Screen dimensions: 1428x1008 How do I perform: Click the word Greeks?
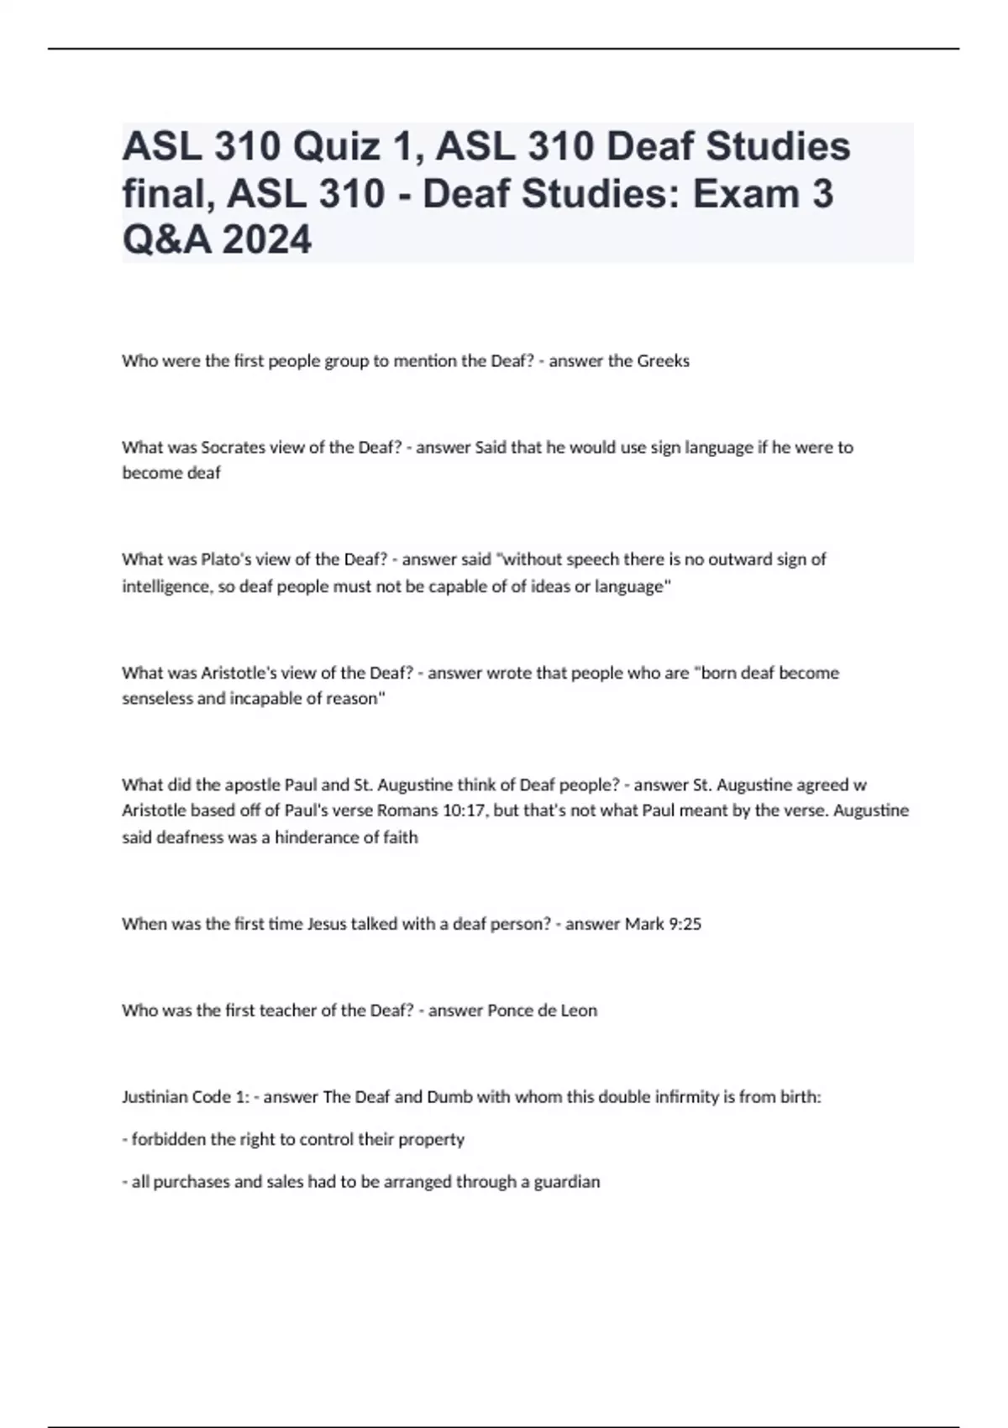click(x=663, y=361)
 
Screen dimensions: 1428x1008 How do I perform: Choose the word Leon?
click(x=579, y=1011)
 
